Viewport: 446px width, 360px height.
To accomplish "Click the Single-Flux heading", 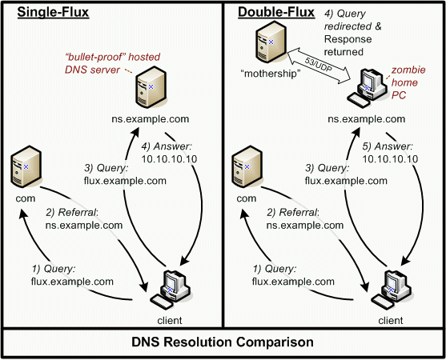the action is [x=53, y=12].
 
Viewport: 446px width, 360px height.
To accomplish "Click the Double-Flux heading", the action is [x=276, y=12].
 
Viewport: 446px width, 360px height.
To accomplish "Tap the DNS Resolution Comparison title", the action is [x=223, y=342].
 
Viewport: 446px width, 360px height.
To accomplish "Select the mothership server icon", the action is [x=271, y=42].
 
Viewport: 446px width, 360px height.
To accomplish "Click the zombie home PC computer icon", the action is [x=367, y=87].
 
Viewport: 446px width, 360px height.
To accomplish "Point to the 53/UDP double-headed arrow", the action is [x=319, y=66].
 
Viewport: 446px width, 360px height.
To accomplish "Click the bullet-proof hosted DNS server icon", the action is [x=151, y=87].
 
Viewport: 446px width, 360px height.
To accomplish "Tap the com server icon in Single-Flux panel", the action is [x=26, y=166].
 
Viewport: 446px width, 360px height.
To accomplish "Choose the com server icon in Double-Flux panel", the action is [x=247, y=166].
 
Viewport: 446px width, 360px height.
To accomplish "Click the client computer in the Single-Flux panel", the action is [x=170, y=290].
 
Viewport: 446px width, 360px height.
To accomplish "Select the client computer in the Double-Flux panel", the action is [x=391, y=290].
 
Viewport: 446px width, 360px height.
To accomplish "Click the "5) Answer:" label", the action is [x=387, y=146].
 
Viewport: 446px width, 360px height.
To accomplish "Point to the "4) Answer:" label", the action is [x=167, y=146].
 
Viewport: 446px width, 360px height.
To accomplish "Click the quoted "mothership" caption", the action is [x=271, y=74].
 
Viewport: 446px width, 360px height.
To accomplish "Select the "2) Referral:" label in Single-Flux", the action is [x=72, y=213].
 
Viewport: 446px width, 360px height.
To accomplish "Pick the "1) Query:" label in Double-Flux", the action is [x=275, y=269].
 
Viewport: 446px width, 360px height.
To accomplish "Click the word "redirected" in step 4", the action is [x=348, y=26].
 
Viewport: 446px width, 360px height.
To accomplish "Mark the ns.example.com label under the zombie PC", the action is [x=367, y=119].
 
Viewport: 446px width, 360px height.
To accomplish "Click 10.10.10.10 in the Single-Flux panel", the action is [x=169, y=159].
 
